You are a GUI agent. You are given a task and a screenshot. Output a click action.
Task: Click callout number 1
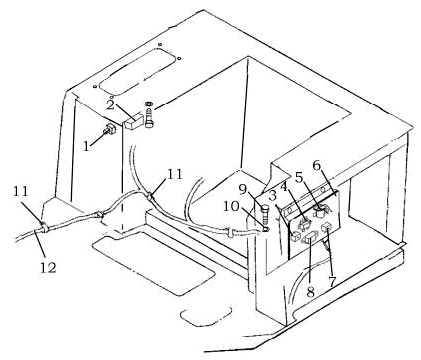tap(87, 146)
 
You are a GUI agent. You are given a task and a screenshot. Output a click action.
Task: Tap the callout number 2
tap(111, 105)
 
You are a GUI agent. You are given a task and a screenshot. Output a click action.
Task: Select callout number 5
tap(299, 178)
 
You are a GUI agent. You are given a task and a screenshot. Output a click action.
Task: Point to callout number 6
tap(316, 166)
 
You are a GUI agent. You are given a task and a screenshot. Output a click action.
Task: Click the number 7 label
tap(331, 282)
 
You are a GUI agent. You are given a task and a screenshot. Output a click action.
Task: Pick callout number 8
tap(310, 292)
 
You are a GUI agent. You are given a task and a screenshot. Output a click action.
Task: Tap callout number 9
tap(243, 190)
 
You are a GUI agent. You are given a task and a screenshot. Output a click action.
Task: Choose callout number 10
tap(231, 207)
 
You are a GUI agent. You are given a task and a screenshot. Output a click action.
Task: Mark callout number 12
tap(48, 267)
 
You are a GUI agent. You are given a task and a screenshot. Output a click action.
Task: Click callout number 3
tap(273, 196)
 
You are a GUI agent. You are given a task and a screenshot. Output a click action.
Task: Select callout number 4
tap(284, 187)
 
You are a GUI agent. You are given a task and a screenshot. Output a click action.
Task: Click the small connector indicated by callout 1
tap(109, 130)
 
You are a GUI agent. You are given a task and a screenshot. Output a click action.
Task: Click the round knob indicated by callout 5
tap(320, 212)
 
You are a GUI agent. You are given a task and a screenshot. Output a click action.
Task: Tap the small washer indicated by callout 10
tap(265, 229)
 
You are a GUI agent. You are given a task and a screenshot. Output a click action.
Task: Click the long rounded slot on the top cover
tap(137, 71)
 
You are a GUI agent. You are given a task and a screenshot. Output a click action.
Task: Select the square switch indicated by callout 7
tap(326, 228)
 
